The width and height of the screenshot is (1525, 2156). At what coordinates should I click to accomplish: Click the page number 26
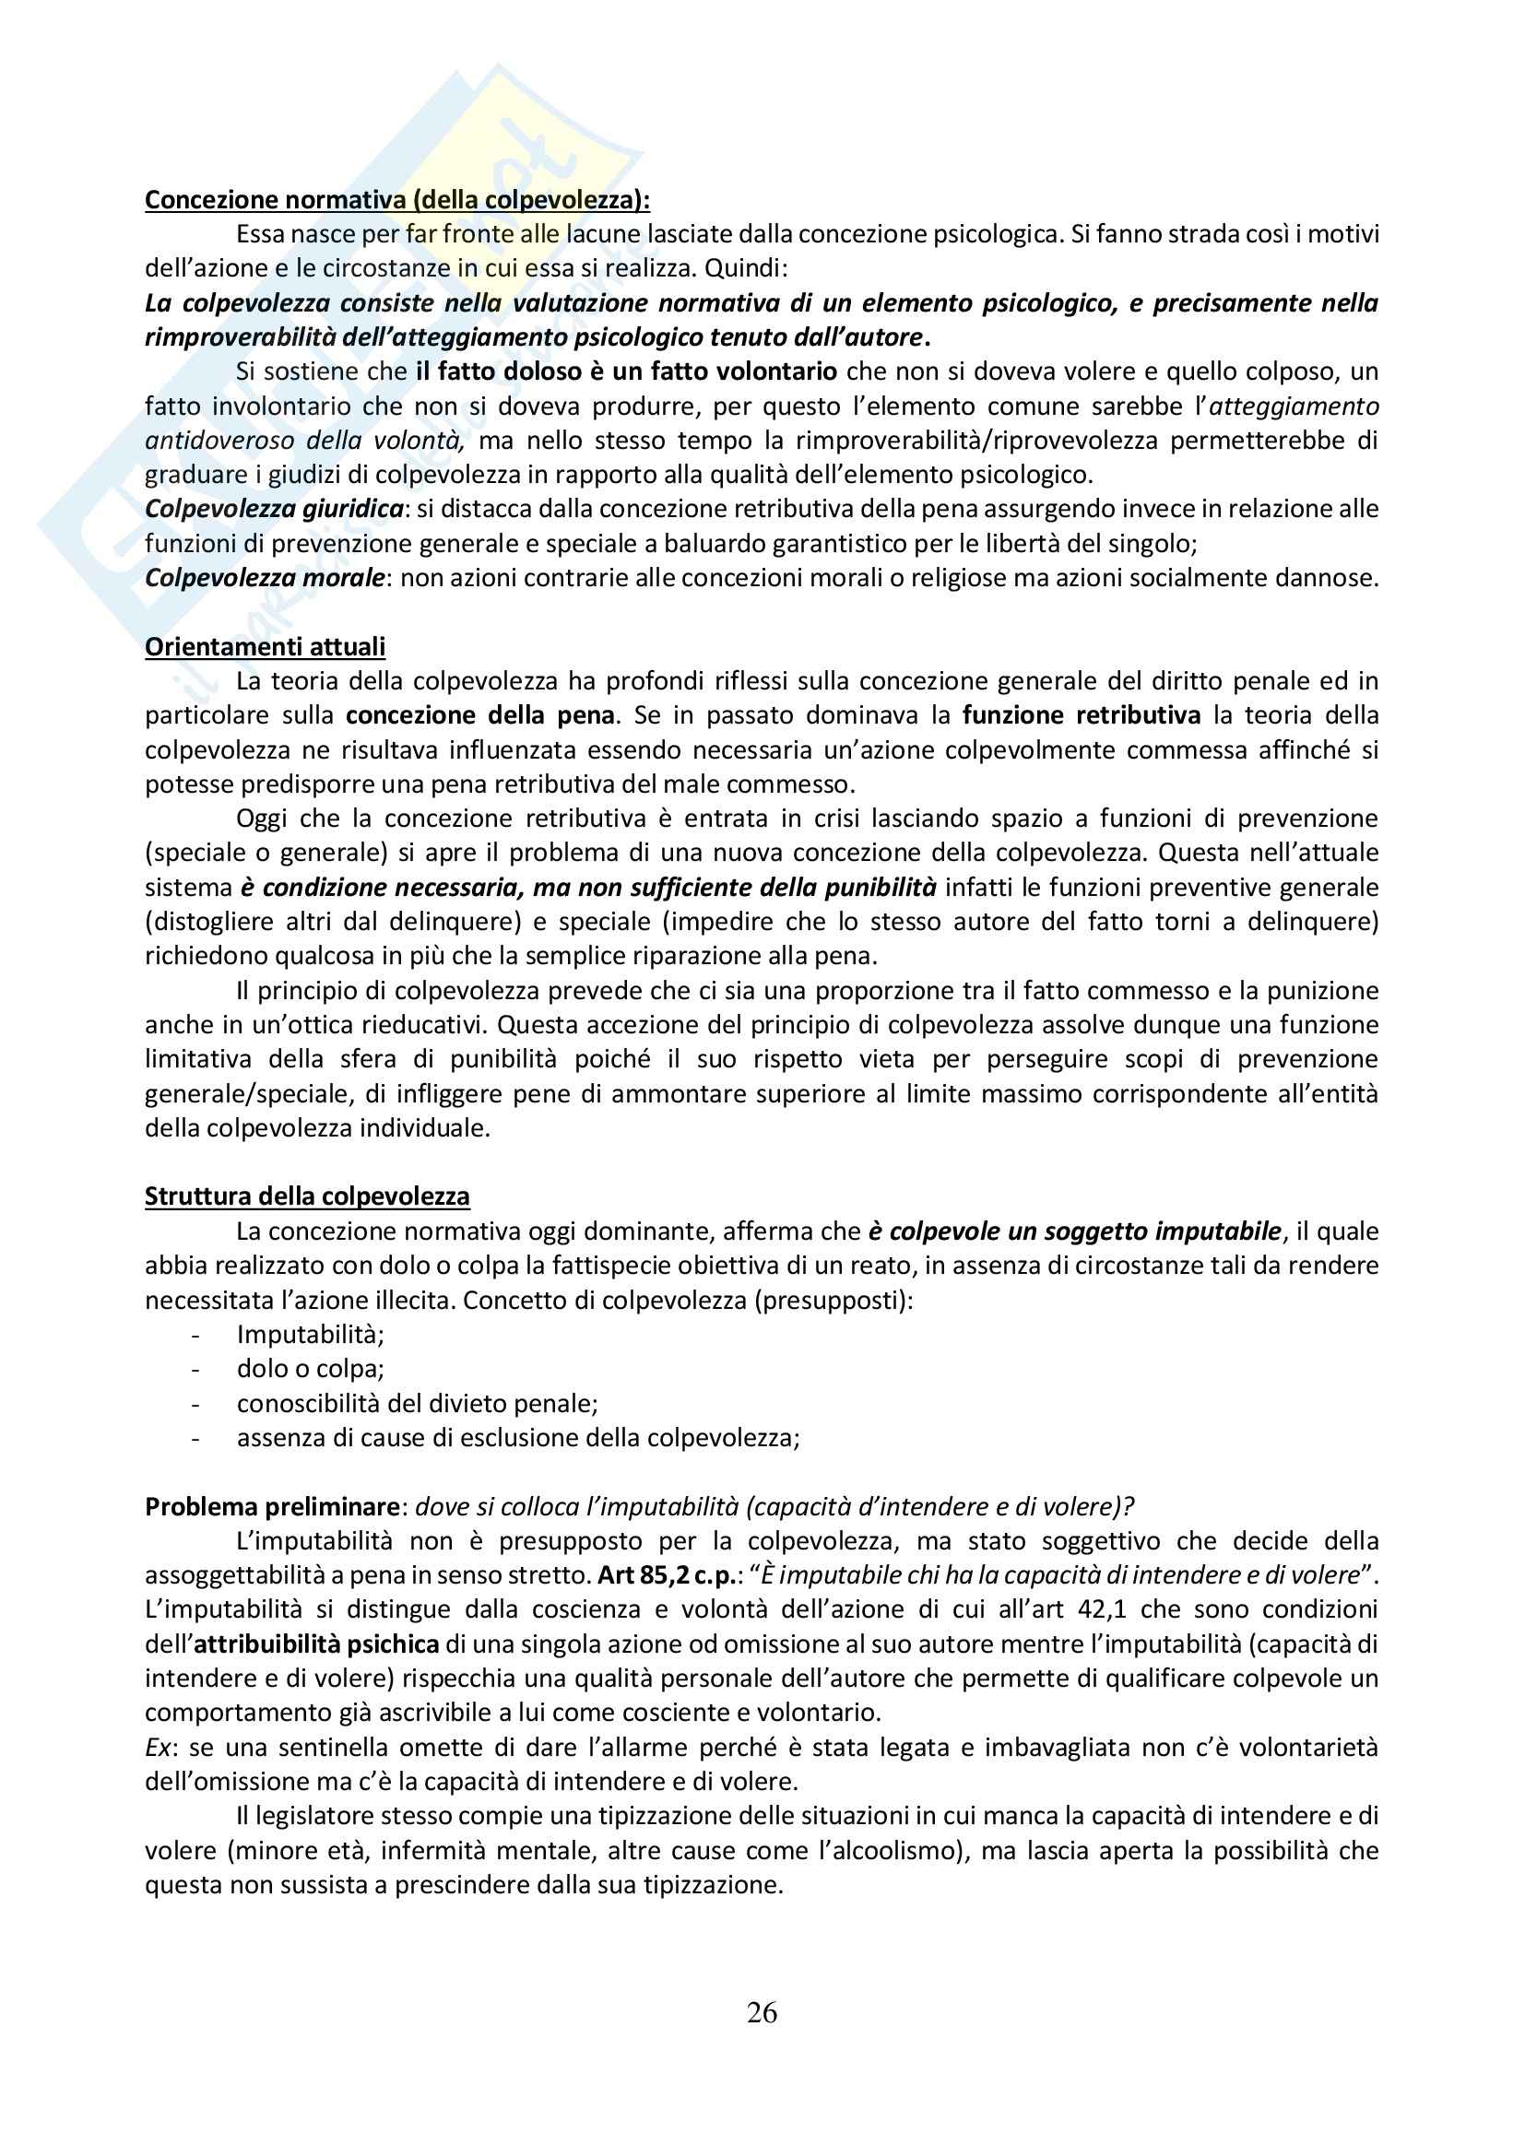(762, 2011)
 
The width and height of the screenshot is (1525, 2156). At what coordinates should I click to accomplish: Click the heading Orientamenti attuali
(265, 646)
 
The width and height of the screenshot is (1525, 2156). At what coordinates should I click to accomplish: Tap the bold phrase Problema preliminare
(272, 1505)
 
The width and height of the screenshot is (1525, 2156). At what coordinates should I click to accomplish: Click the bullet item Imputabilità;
(310, 1334)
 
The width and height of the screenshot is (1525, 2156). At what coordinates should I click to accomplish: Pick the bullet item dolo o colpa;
(310, 1368)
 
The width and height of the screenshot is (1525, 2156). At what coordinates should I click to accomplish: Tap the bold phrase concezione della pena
(479, 714)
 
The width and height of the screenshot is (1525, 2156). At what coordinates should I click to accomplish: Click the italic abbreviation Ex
(157, 1747)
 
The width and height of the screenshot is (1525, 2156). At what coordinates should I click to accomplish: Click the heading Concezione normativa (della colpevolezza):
(397, 199)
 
